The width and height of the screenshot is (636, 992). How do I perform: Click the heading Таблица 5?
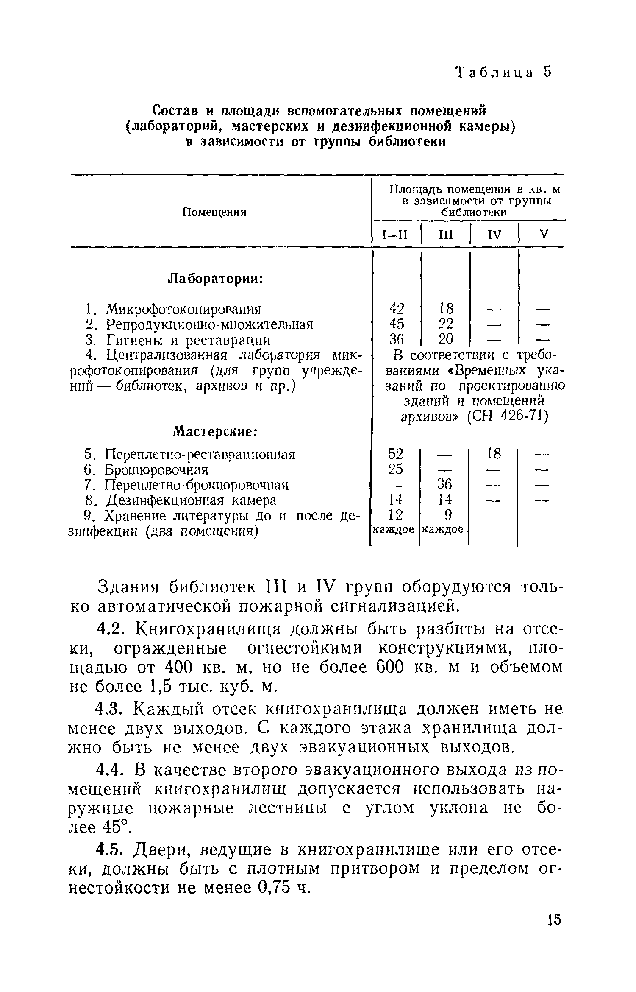pos(504,73)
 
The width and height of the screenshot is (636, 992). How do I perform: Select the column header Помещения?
pos(214,212)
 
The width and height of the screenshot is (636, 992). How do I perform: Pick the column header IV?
pos(494,235)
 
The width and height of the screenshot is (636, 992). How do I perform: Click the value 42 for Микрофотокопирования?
pos(397,308)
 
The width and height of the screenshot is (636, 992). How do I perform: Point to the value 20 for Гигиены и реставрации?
pos(445,339)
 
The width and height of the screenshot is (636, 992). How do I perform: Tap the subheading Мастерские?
pos(216,432)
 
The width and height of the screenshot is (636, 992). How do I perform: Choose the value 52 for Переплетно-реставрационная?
pos(396,454)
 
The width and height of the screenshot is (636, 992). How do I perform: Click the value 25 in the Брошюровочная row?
pos(396,469)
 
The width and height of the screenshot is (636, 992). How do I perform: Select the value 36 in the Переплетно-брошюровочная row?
pos(445,485)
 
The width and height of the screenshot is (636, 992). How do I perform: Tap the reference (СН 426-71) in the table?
pos(507,417)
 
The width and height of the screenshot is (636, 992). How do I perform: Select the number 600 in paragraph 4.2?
pos(392,668)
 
